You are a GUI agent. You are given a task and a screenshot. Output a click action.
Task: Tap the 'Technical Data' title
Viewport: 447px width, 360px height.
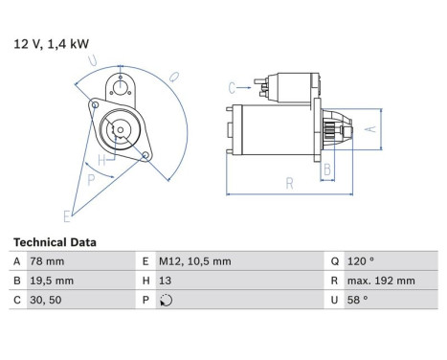55,242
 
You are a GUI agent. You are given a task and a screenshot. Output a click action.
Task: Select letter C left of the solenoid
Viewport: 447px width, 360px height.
232,88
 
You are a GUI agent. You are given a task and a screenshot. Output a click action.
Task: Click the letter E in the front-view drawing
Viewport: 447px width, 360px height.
66,214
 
